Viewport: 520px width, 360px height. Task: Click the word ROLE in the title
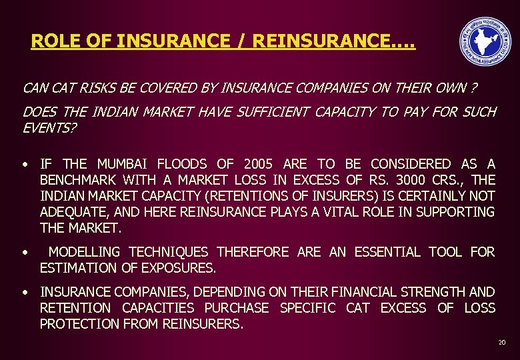tap(51, 41)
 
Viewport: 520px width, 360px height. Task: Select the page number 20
tap(501, 343)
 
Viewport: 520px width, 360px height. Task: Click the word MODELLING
tap(84, 252)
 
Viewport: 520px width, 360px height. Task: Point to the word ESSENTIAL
tap(387, 252)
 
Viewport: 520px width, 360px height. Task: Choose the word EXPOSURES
tap(179, 269)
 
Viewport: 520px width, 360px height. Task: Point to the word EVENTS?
tap(49, 127)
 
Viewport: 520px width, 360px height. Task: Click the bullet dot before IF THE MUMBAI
tap(24, 164)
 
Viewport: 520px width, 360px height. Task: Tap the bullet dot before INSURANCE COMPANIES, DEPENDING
tap(24, 292)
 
